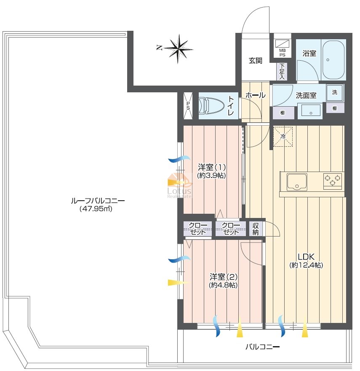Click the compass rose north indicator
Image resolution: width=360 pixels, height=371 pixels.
tap(178, 49)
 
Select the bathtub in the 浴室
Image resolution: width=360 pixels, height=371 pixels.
tap(333, 60)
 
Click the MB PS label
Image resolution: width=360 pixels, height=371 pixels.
tap(282, 53)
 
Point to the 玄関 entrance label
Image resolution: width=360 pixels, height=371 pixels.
tap(255, 61)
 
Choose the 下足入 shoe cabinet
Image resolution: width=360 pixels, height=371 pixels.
tap(282, 71)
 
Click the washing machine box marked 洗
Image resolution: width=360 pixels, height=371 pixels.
tap(335, 92)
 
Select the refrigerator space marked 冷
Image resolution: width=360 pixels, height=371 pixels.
tap(283, 137)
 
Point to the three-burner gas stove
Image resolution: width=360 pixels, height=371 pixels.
tap(333, 180)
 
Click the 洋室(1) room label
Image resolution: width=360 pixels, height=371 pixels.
tap(212, 167)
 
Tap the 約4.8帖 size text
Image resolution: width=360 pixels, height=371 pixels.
tap(223, 285)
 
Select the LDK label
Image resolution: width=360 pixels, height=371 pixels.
tap(306, 256)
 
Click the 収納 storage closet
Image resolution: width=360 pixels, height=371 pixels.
tap(256, 229)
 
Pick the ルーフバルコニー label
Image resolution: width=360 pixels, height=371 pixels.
tap(98, 201)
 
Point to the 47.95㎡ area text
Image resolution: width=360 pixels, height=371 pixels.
tap(96, 209)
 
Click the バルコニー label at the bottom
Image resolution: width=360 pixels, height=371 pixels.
tap(262, 347)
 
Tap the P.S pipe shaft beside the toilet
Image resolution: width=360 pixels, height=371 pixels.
tap(188, 105)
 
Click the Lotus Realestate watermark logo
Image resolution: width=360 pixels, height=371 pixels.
tap(179, 186)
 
